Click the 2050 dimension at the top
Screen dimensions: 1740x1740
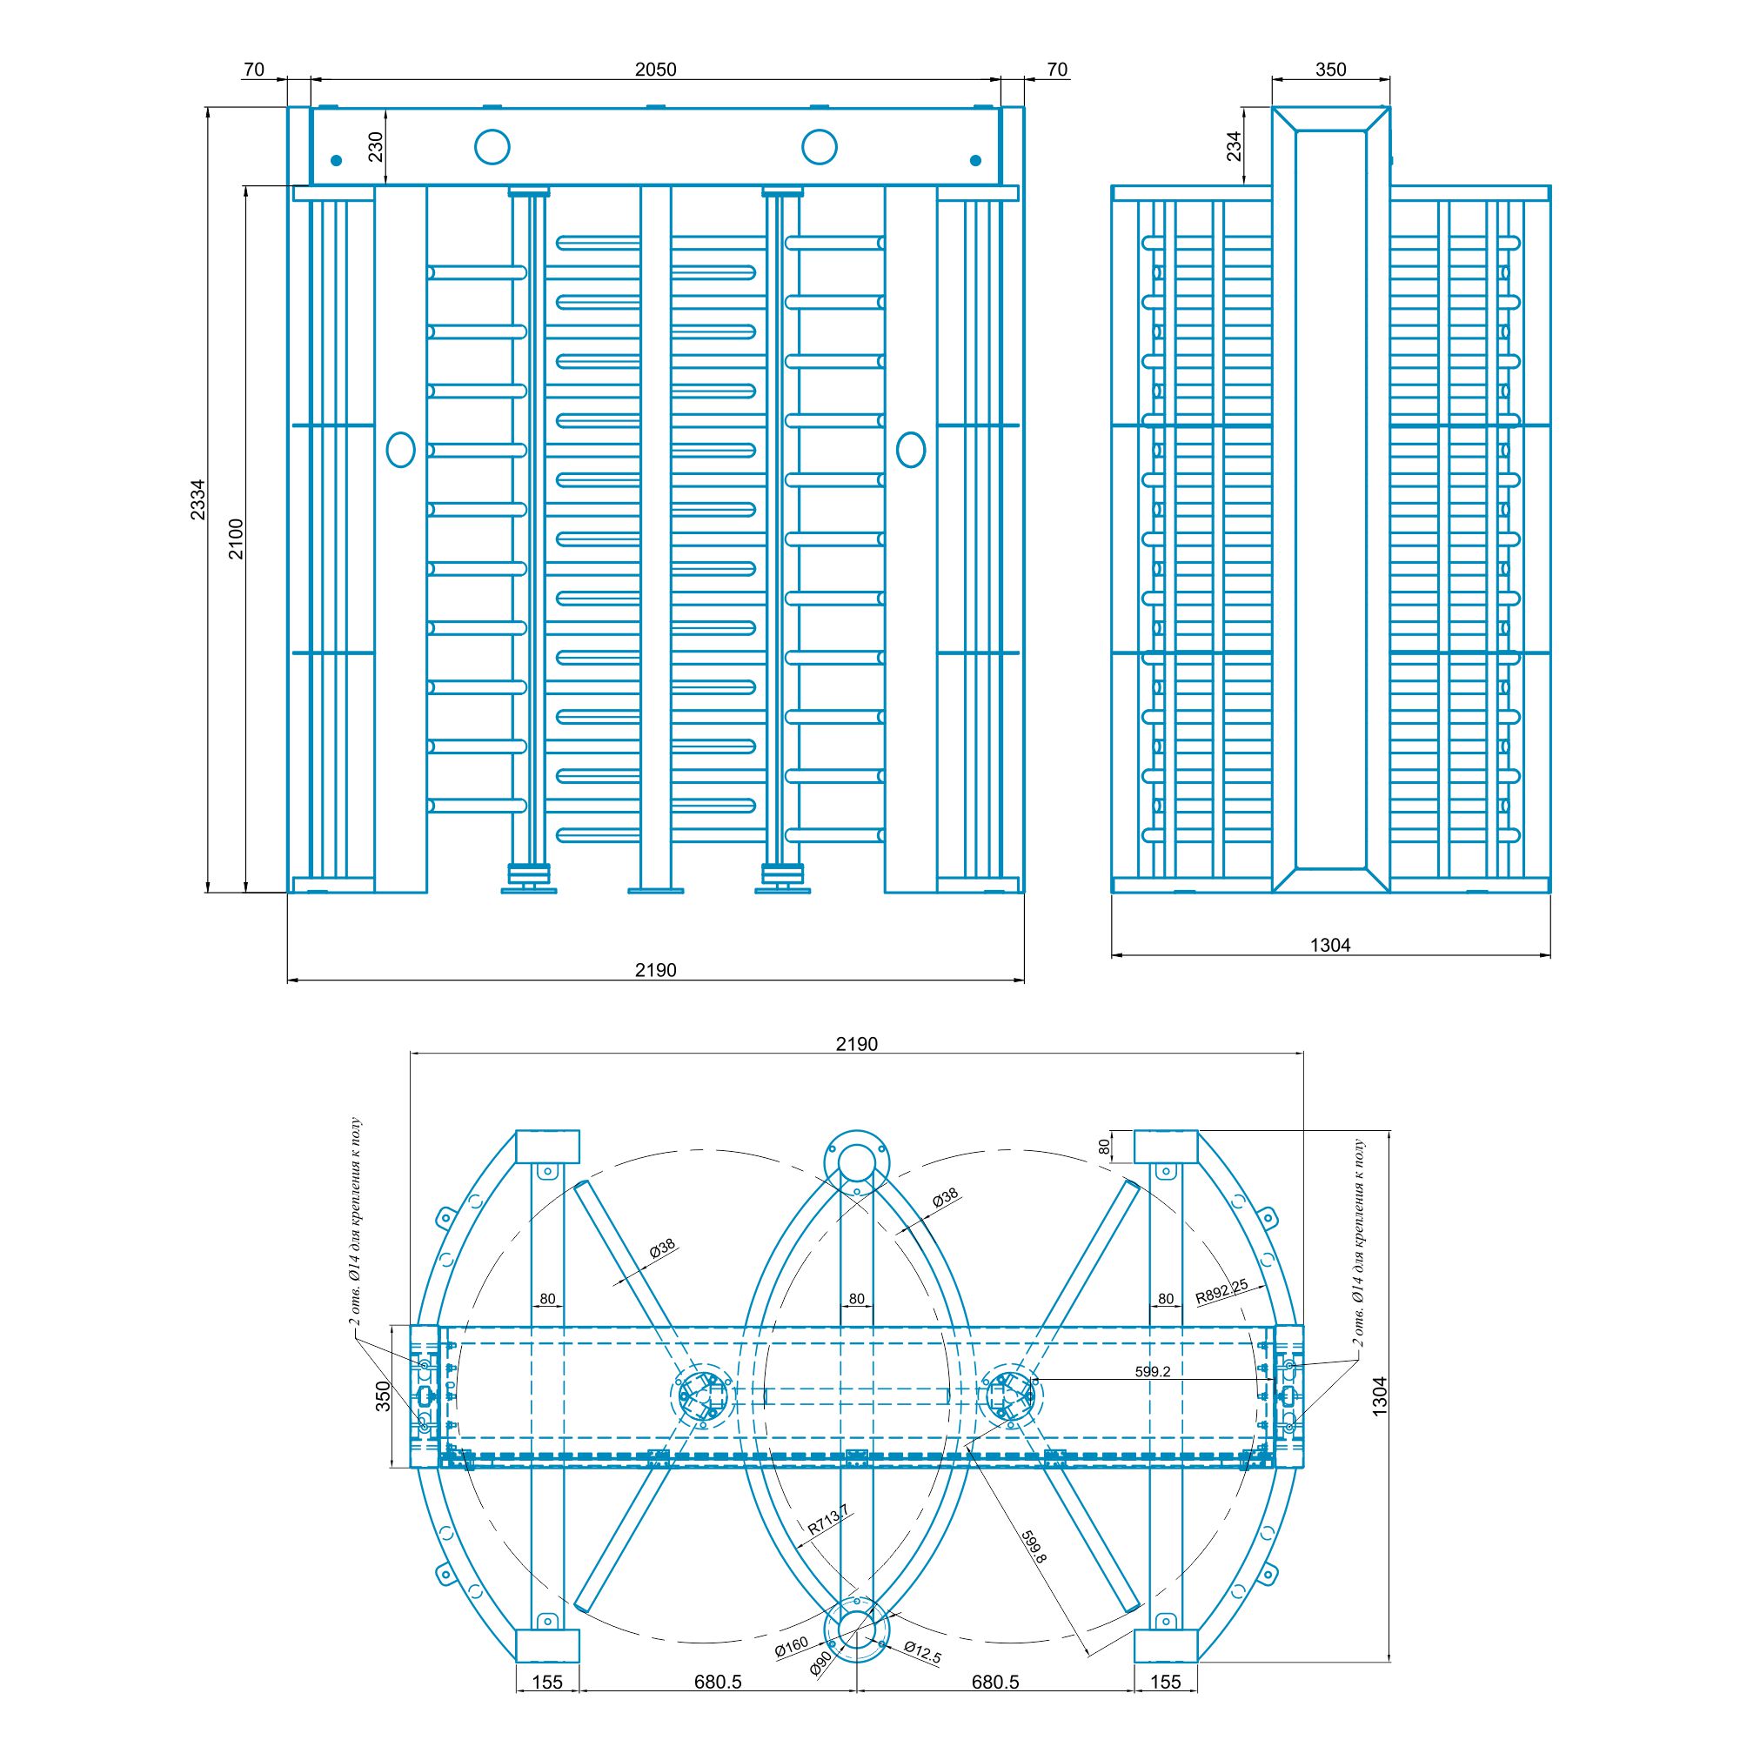(x=655, y=70)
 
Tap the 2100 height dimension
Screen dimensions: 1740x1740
(x=235, y=539)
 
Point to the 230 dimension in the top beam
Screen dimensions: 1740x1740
(x=376, y=146)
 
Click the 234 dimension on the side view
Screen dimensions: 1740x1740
(x=1233, y=146)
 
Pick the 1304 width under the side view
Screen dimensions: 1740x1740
(x=1330, y=945)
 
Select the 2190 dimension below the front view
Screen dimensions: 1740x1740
(x=655, y=970)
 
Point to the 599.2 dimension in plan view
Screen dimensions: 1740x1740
(x=1153, y=1371)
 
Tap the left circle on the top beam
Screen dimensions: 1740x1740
(x=492, y=146)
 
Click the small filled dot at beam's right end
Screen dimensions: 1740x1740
(x=974, y=160)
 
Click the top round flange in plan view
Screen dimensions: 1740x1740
(x=856, y=1154)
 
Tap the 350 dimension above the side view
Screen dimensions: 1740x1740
(x=1330, y=70)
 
